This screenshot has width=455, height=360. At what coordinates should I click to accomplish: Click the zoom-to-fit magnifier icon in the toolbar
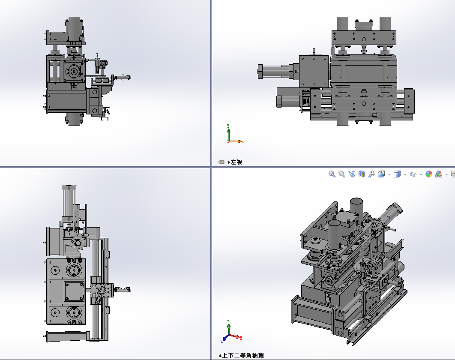332,174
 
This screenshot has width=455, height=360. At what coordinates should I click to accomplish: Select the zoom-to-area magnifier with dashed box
342,174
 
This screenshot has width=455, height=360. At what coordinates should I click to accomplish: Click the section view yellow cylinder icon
362,174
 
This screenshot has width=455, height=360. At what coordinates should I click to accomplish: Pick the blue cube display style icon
397,174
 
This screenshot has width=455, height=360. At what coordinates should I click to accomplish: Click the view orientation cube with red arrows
381,174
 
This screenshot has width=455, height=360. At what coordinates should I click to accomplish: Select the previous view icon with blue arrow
352,174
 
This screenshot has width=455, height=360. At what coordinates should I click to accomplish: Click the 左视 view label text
236,162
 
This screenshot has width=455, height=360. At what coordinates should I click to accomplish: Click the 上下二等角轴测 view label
243,355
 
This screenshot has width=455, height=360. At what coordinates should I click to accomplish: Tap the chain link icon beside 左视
222,162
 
